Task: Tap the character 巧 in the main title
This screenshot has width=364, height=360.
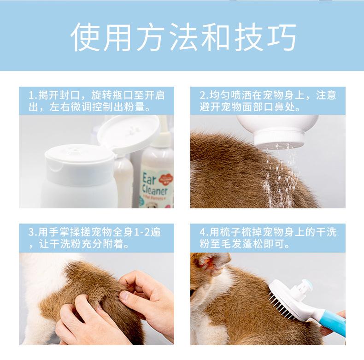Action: pyautogui.click(x=282, y=37)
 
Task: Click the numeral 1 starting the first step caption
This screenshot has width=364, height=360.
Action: pyautogui.click(x=31, y=95)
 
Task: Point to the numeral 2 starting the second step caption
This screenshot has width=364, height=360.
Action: pyautogui.click(x=202, y=95)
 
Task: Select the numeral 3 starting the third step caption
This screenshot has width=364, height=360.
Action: pyautogui.click(x=31, y=232)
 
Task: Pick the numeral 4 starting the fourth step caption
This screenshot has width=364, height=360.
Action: pyautogui.click(x=202, y=232)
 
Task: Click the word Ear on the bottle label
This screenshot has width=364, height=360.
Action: pyautogui.click(x=149, y=179)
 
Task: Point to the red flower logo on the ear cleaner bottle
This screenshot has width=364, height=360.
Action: pyautogui.click(x=166, y=179)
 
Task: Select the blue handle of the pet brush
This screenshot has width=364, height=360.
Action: pyautogui.click(x=331, y=323)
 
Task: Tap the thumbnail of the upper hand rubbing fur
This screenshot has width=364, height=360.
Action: pyautogui.click(x=124, y=295)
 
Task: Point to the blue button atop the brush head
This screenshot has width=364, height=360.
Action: pyautogui.click(x=307, y=283)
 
